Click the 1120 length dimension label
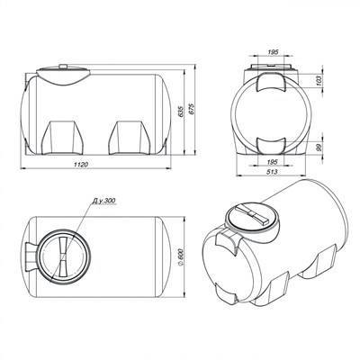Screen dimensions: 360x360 [81, 165]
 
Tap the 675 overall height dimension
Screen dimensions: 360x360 [193, 110]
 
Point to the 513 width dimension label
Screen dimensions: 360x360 [272, 172]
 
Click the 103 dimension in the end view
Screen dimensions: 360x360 [319, 80]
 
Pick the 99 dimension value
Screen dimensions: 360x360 [319, 148]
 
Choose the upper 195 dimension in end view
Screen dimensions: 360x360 [273, 52]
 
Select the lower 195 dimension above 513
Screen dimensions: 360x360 [272, 162]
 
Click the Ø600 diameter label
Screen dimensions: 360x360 [181, 256]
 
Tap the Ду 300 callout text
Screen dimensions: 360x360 [103, 201]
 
